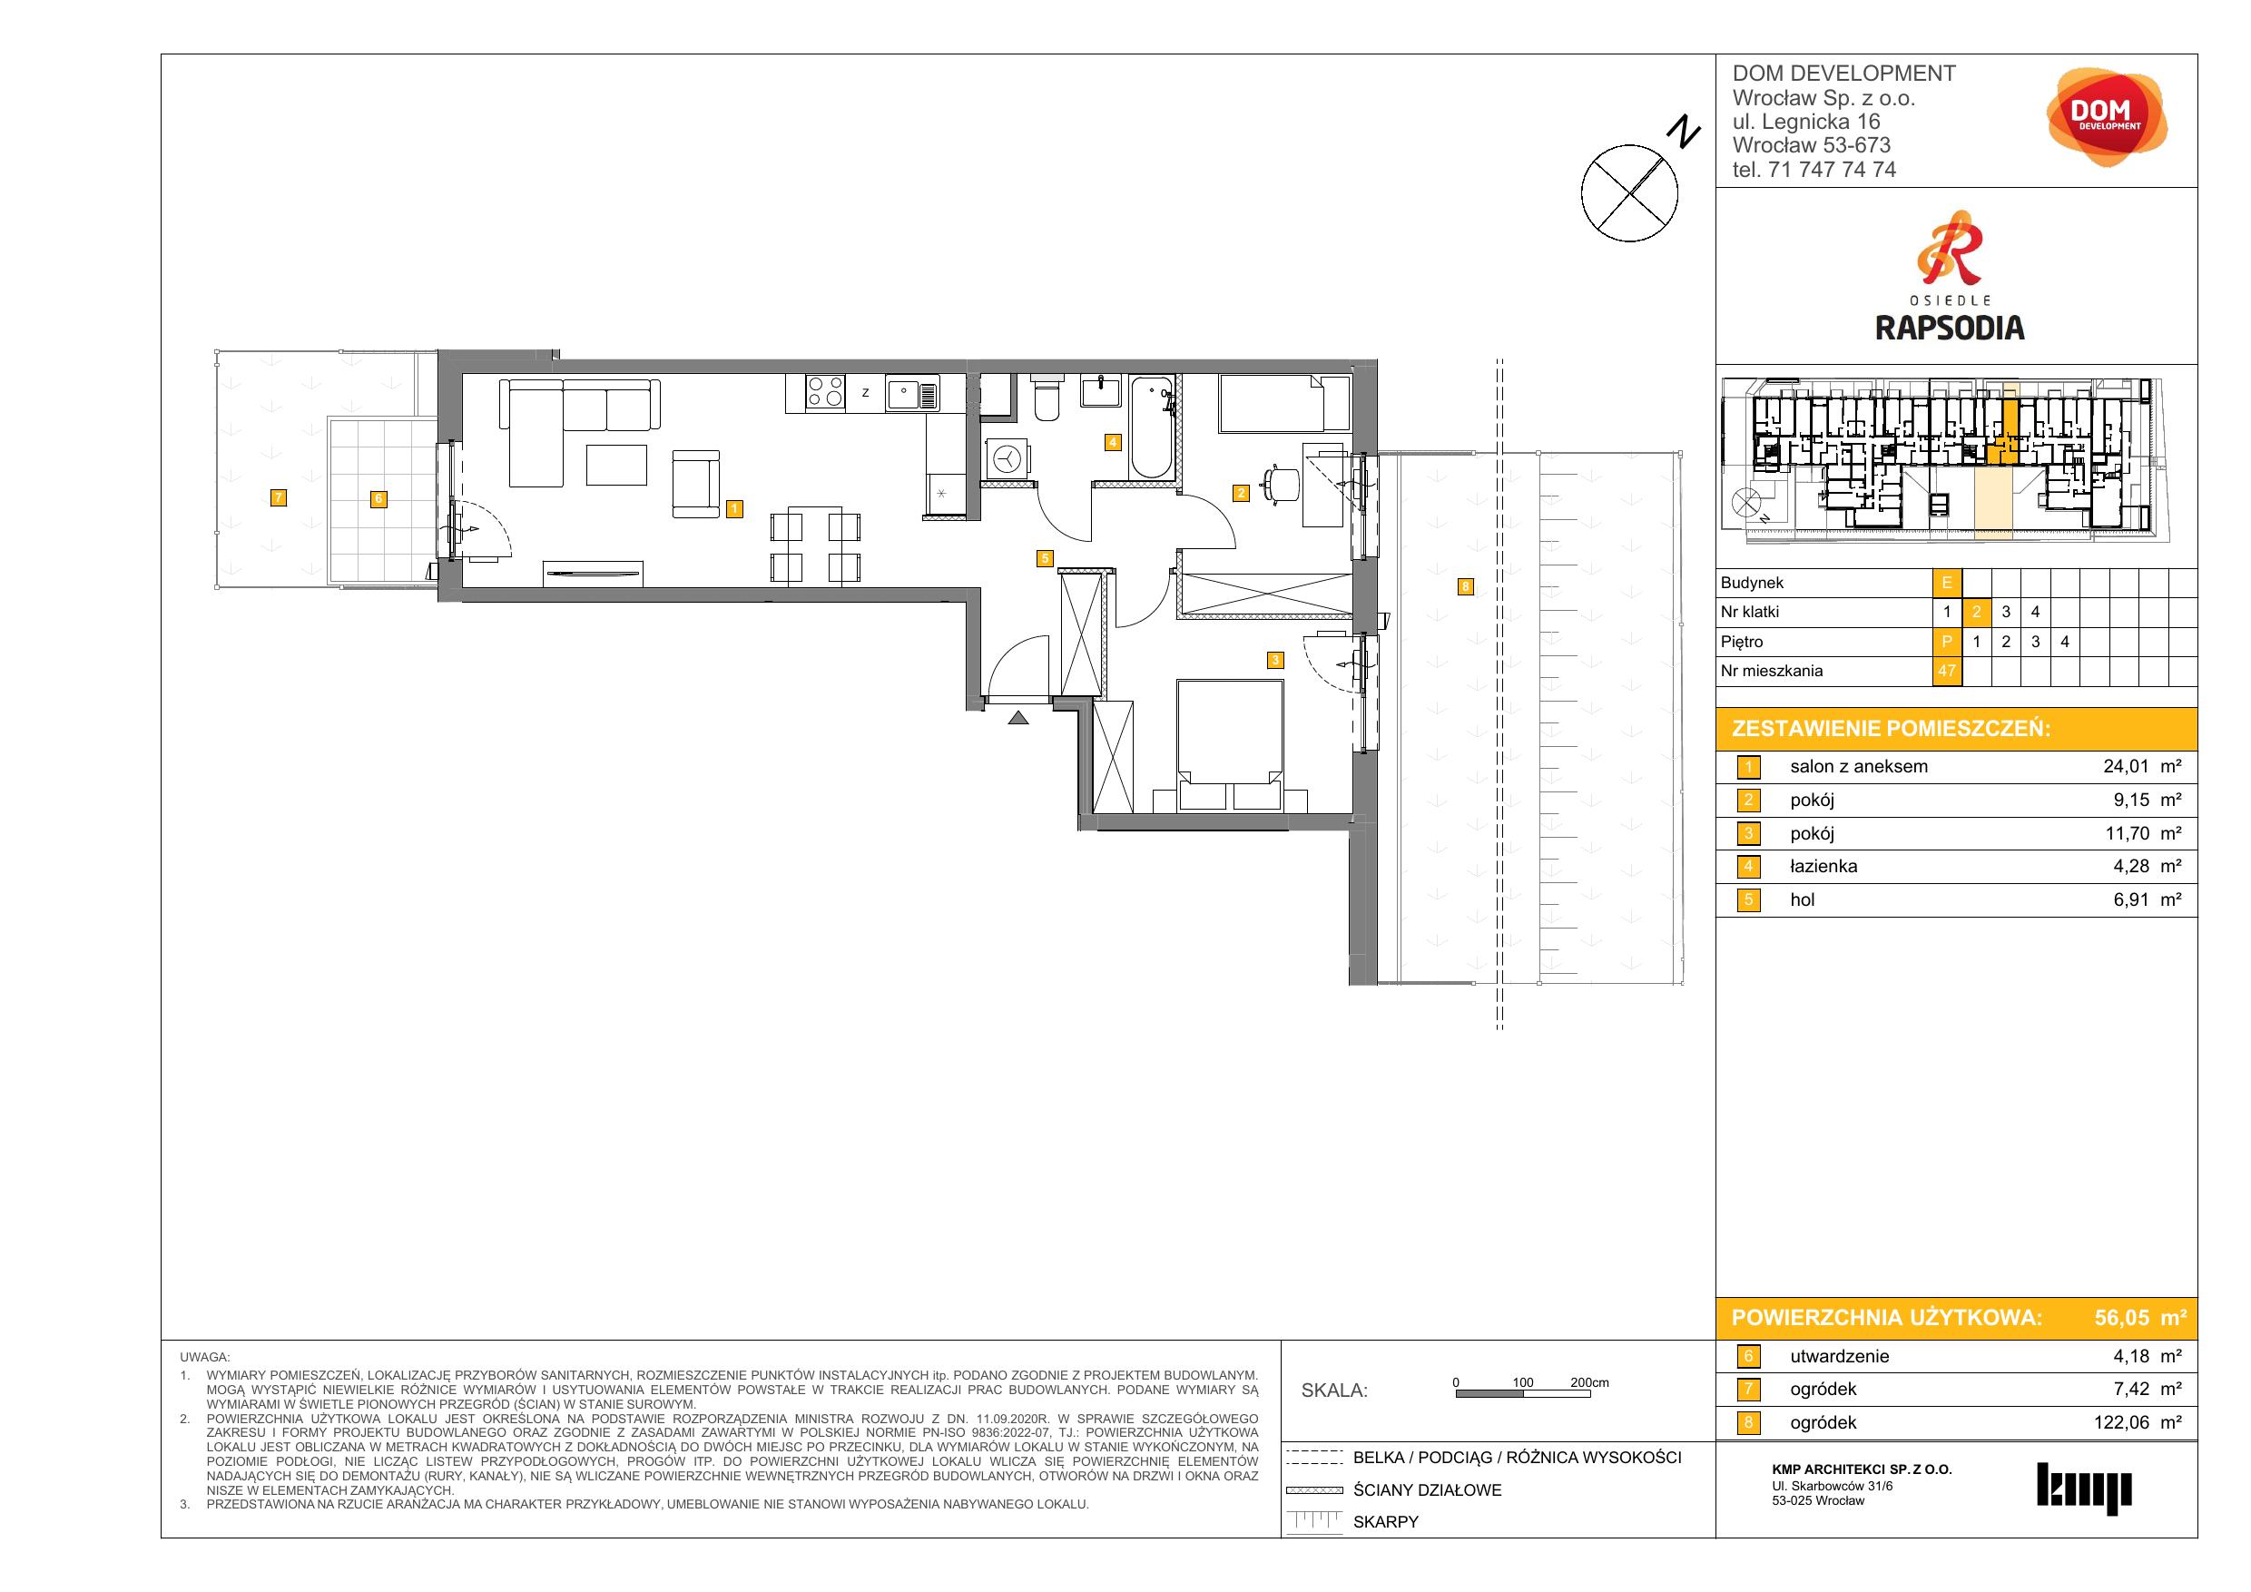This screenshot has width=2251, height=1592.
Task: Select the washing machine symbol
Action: [x=1008, y=460]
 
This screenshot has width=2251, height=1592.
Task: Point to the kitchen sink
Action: [x=913, y=394]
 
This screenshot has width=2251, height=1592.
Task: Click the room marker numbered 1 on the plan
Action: [x=734, y=509]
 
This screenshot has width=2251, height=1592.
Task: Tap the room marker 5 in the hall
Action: [x=1045, y=559]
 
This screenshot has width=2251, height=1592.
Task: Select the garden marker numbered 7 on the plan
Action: [x=279, y=498]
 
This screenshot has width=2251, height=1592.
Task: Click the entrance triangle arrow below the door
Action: [x=1018, y=718]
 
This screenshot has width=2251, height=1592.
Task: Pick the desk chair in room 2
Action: [x=1281, y=483]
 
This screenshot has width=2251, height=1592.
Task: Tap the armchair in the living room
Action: [x=695, y=483]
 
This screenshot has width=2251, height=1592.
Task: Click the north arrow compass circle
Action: [x=1628, y=192]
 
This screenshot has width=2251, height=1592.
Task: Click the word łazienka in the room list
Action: [x=1823, y=867]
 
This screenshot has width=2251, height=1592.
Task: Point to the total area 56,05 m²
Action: [x=2138, y=1318]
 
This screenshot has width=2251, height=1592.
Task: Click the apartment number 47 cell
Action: [x=1946, y=672]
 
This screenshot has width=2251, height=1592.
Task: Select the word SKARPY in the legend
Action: [x=1385, y=1521]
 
